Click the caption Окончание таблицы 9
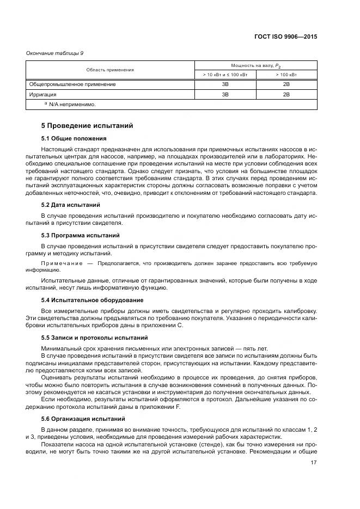[55, 53]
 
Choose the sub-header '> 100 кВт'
[286, 74]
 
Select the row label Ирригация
[42, 94]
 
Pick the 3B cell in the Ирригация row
[224, 94]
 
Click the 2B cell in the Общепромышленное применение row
[286, 84]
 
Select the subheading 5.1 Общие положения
[74, 138]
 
